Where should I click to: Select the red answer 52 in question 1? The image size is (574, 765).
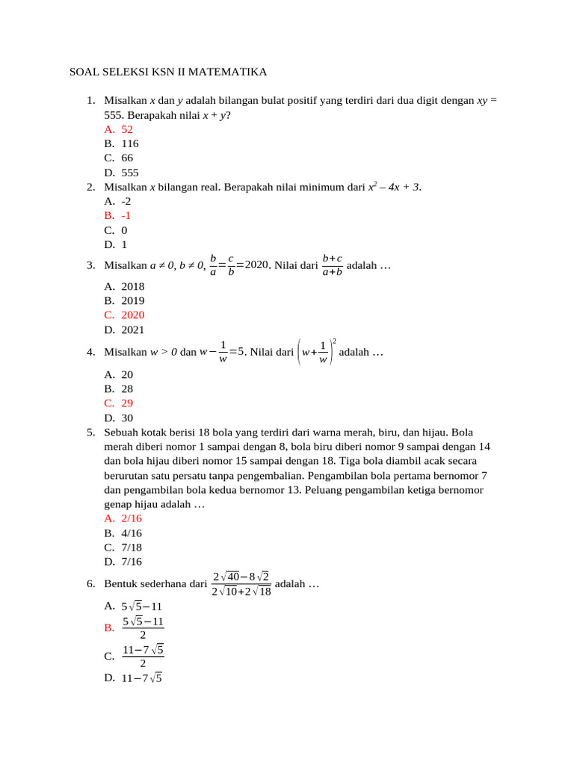(x=127, y=129)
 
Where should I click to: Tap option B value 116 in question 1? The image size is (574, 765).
(x=130, y=143)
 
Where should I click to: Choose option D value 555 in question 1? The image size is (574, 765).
(x=130, y=173)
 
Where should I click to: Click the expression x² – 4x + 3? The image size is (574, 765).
(x=394, y=187)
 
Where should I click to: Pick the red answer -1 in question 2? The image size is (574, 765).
(x=126, y=216)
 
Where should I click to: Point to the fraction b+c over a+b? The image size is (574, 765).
(x=332, y=265)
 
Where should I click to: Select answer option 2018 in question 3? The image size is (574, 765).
(x=133, y=286)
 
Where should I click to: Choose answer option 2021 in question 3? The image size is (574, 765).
(x=133, y=329)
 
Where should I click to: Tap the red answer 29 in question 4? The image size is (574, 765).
(x=127, y=403)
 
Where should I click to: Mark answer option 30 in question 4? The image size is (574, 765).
(x=127, y=418)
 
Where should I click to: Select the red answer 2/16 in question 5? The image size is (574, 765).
(x=132, y=518)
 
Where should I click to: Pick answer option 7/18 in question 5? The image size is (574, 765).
(x=132, y=548)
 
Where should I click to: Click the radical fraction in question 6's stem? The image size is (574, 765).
(x=241, y=584)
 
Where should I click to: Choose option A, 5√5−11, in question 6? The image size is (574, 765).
(x=142, y=606)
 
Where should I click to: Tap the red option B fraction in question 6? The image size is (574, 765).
(x=143, y=628)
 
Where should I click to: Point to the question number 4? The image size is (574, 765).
(x=90, y=352)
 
